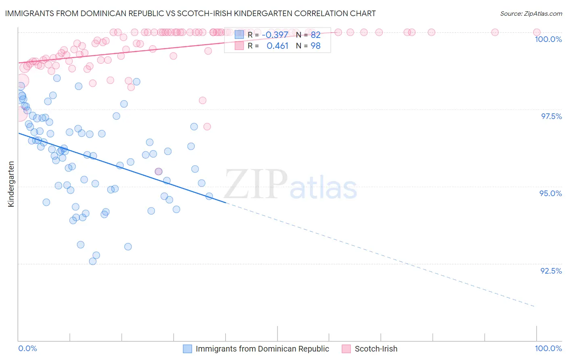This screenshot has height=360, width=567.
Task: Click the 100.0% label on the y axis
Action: coord(548,39)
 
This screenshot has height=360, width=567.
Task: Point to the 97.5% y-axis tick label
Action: coord(551,116)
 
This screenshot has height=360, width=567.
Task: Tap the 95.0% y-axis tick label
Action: coord(550,193)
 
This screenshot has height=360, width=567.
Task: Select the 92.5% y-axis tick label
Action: coord(551,271)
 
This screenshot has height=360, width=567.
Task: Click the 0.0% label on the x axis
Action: coord(28,348)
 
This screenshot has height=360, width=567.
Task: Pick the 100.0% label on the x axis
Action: coord(548,348)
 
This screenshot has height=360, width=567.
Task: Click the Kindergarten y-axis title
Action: coord(11,184)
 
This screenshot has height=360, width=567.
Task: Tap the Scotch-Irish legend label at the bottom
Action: coord(376,349)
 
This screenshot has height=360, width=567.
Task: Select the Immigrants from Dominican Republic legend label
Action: coord(262,349)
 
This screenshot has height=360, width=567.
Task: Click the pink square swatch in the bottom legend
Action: coord(346,349)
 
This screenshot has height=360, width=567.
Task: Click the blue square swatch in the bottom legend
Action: coord(187,349)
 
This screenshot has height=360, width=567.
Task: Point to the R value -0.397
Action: coord(275,35)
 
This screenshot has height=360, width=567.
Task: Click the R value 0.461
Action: coord(277,46)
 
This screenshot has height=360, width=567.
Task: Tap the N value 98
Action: coord(315,46)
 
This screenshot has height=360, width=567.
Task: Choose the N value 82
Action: coord(315,35)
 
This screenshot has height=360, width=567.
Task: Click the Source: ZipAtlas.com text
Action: coord(531,13)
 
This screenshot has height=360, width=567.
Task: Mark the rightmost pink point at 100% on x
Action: coord(536,32)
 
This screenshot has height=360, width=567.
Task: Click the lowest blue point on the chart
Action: coord(93,261)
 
